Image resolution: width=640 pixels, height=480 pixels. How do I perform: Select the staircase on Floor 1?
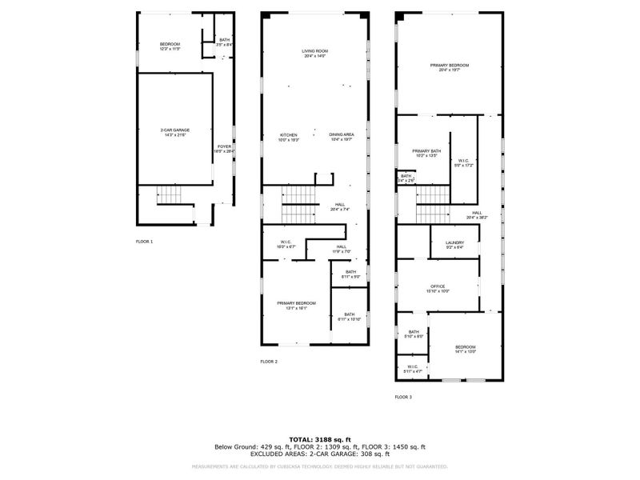(169, 194)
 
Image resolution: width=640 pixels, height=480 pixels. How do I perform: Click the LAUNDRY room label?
(454, 244)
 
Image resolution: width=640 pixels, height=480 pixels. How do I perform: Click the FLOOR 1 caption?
(144, 241)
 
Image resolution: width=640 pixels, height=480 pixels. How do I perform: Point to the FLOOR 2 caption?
(269, 362)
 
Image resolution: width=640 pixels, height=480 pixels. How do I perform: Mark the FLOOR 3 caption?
(404, 396)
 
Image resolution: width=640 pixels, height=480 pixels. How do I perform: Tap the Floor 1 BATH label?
(225, 42)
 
